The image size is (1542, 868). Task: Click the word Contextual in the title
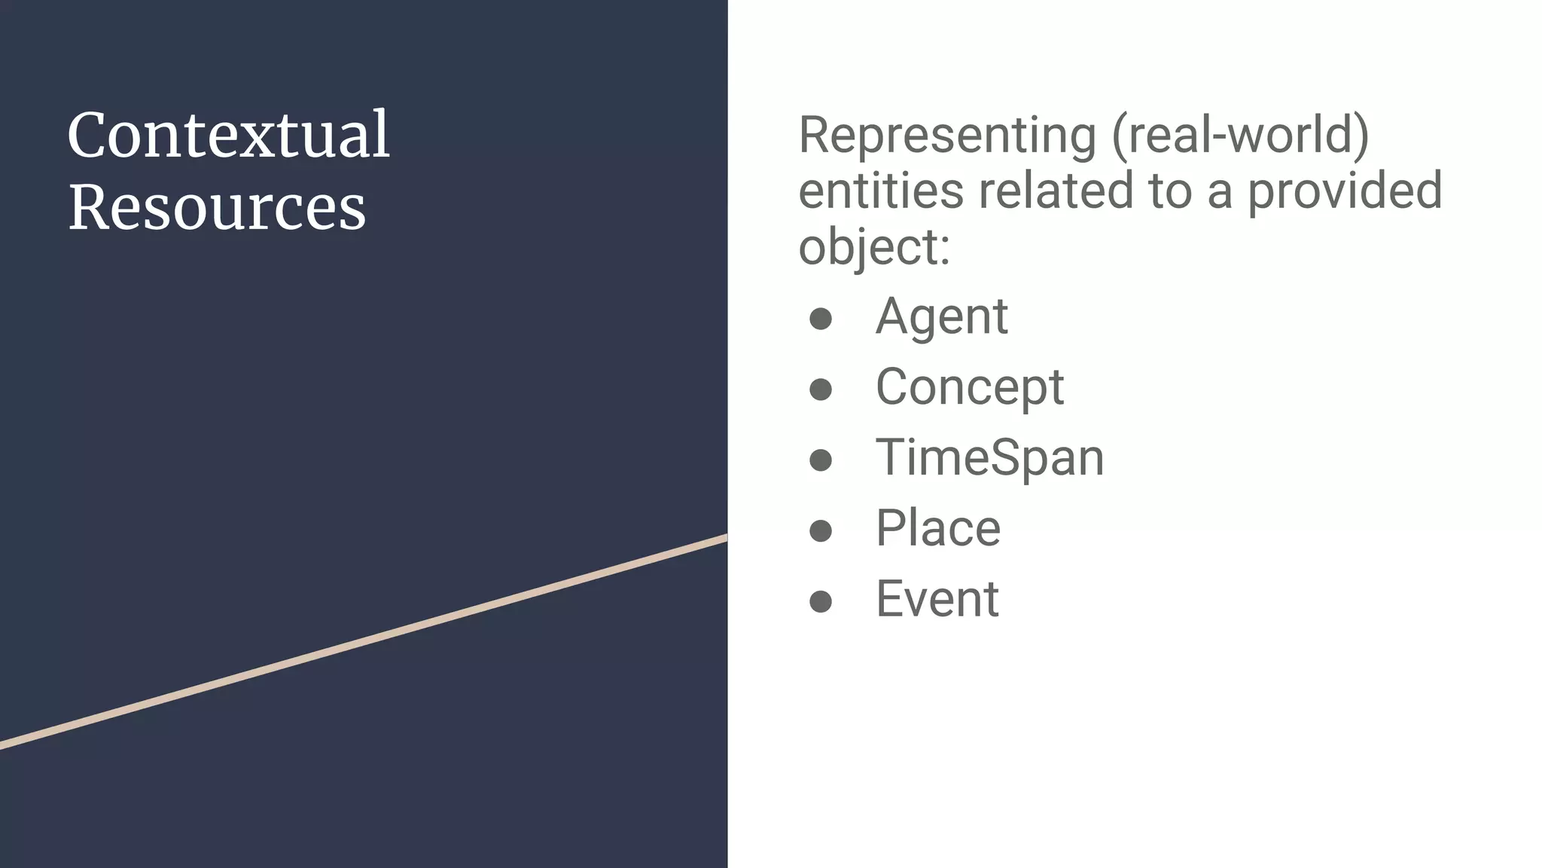(229, 136)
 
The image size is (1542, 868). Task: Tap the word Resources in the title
(217, 208)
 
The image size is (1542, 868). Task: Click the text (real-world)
(1239, 136)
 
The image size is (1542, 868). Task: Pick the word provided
(1345, 191)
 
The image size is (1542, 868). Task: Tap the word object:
(874, 247)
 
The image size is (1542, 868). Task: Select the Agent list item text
(941, 316)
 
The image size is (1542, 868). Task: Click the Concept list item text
(969, 387)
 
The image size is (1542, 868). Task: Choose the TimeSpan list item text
(989, 458)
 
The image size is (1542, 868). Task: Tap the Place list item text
(937, 528)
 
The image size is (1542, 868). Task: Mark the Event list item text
(937, 599)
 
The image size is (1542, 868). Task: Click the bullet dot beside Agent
(820, 319)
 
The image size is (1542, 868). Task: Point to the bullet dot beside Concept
(820, 390)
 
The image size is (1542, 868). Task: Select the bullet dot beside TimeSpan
(820, 460)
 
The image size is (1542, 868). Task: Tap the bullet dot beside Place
(820, 530)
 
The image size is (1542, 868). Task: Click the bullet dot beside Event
(820, 601)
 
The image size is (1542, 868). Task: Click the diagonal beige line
(364, 642)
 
